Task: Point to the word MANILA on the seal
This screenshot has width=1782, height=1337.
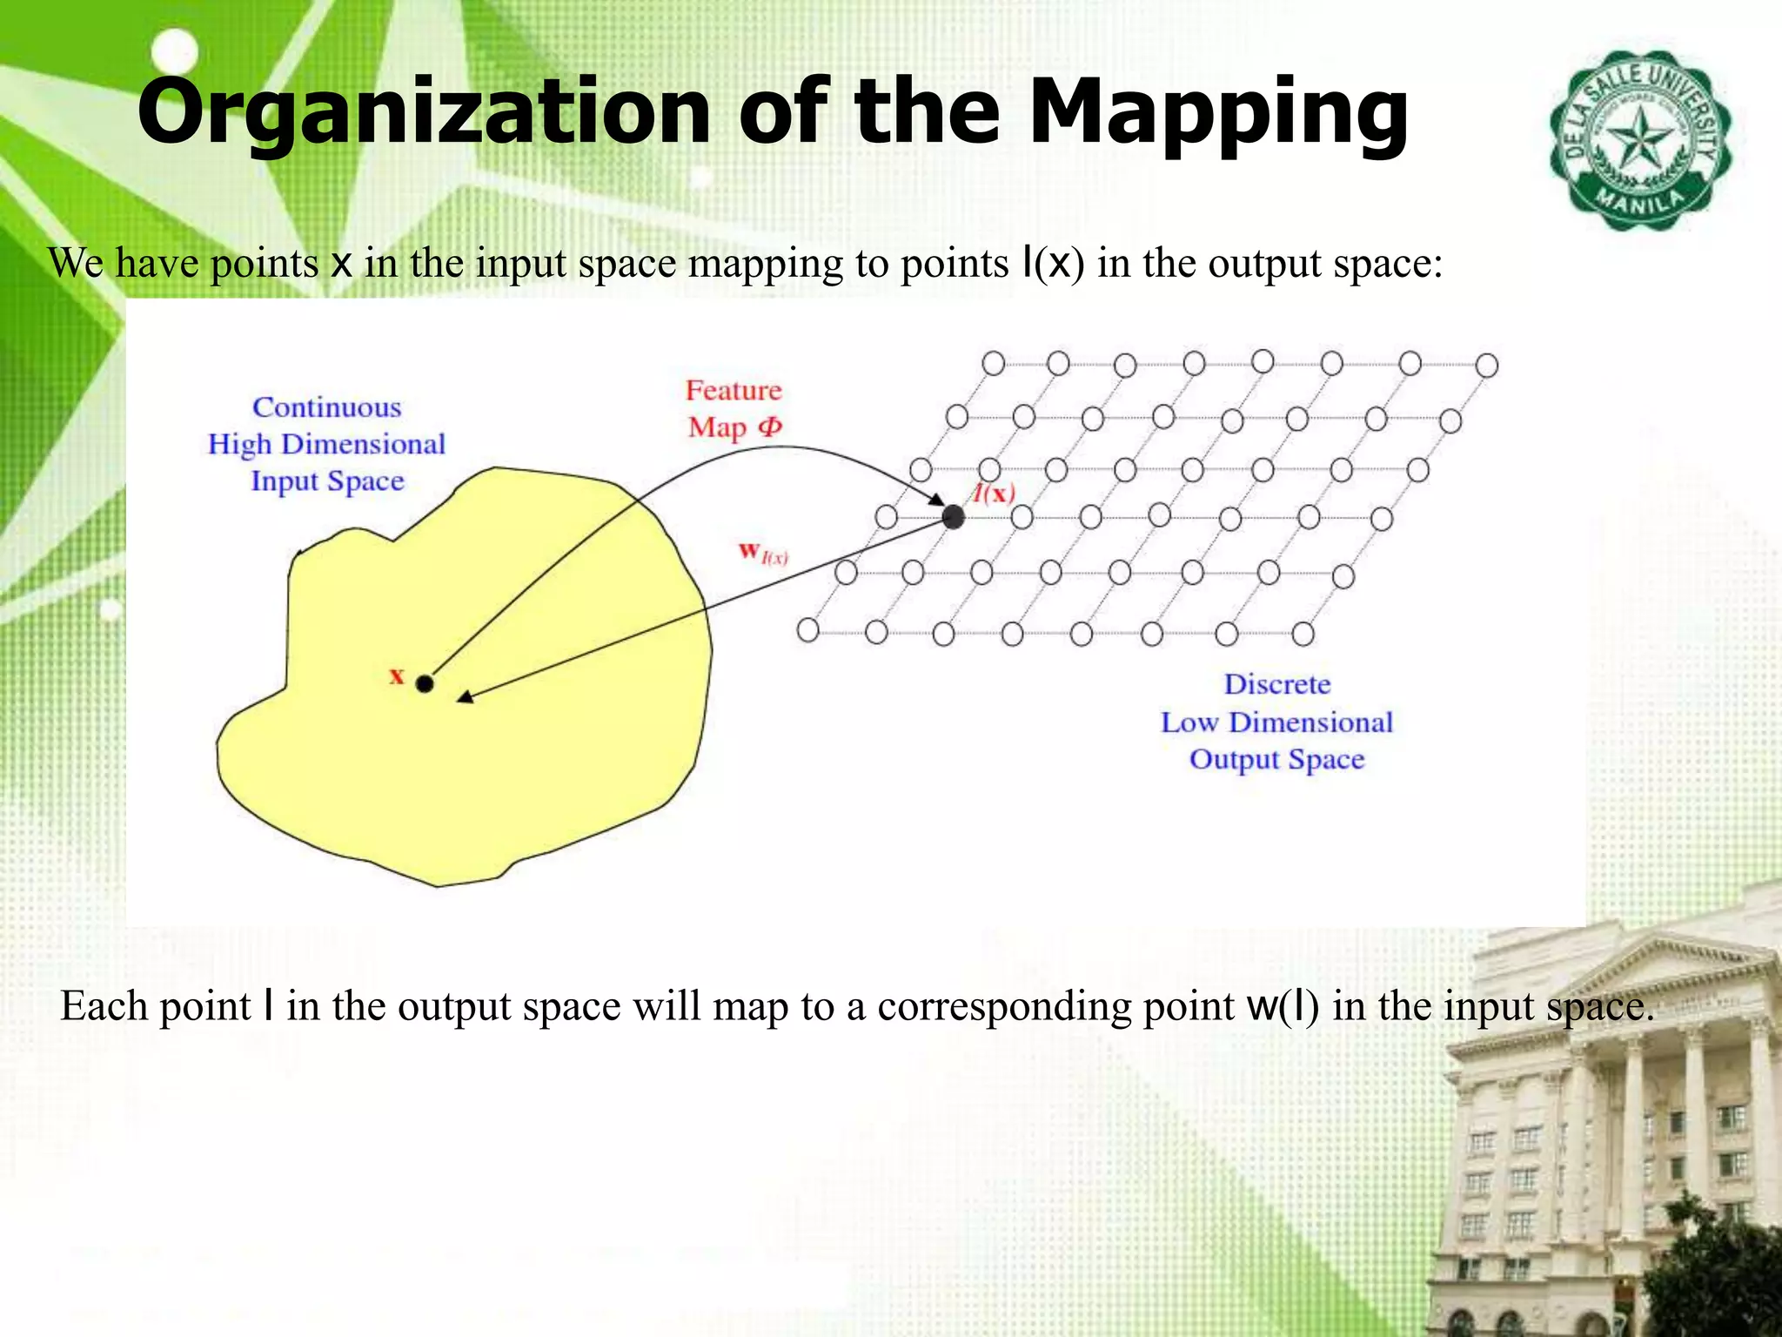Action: [1640, 205]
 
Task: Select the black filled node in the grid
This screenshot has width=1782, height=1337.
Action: [954, 517]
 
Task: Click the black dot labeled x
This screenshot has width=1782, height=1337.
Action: [425, 684]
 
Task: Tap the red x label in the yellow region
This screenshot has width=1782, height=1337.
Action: [397, 675]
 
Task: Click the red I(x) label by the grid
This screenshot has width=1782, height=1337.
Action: [994, 494]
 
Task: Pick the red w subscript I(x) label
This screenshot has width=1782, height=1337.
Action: [762, 553]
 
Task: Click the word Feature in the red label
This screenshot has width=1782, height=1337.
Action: [734, 391]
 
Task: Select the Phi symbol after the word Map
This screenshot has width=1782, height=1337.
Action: [770, 427]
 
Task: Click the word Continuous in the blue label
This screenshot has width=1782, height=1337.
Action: [327, 407]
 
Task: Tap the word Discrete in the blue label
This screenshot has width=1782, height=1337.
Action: [1277, 684]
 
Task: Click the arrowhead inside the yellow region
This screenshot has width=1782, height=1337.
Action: [466, 696]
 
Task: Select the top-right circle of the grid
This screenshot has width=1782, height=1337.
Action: [1487, 366]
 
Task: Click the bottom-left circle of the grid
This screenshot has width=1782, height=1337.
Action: [807, 629]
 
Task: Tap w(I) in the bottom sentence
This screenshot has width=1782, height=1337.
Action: [1282, 1006]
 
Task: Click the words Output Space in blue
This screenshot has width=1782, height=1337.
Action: [1276, 759]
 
